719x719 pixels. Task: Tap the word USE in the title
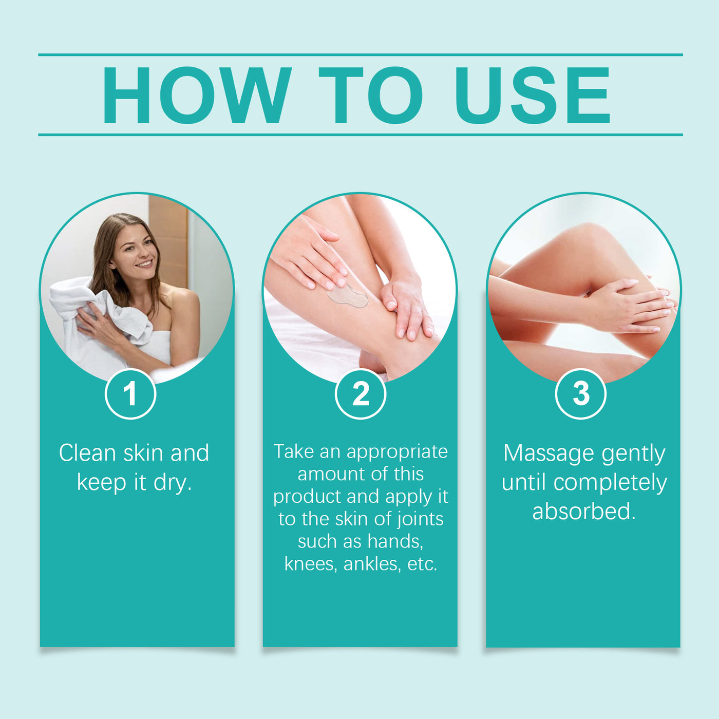tap(533, 96)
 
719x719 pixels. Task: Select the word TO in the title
tap(370, 96)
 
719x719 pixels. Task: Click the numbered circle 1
tap(130, 394)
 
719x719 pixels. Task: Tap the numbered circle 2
tap(361, 394)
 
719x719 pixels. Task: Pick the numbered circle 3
tap(581, 394)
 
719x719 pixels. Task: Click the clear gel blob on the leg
tap(348, 296)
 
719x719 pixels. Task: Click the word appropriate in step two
tap(397, 452)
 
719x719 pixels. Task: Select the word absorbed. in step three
tap(584, 512)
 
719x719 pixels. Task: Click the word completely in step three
tap(610, 483)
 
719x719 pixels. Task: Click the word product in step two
tap(307, 497)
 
